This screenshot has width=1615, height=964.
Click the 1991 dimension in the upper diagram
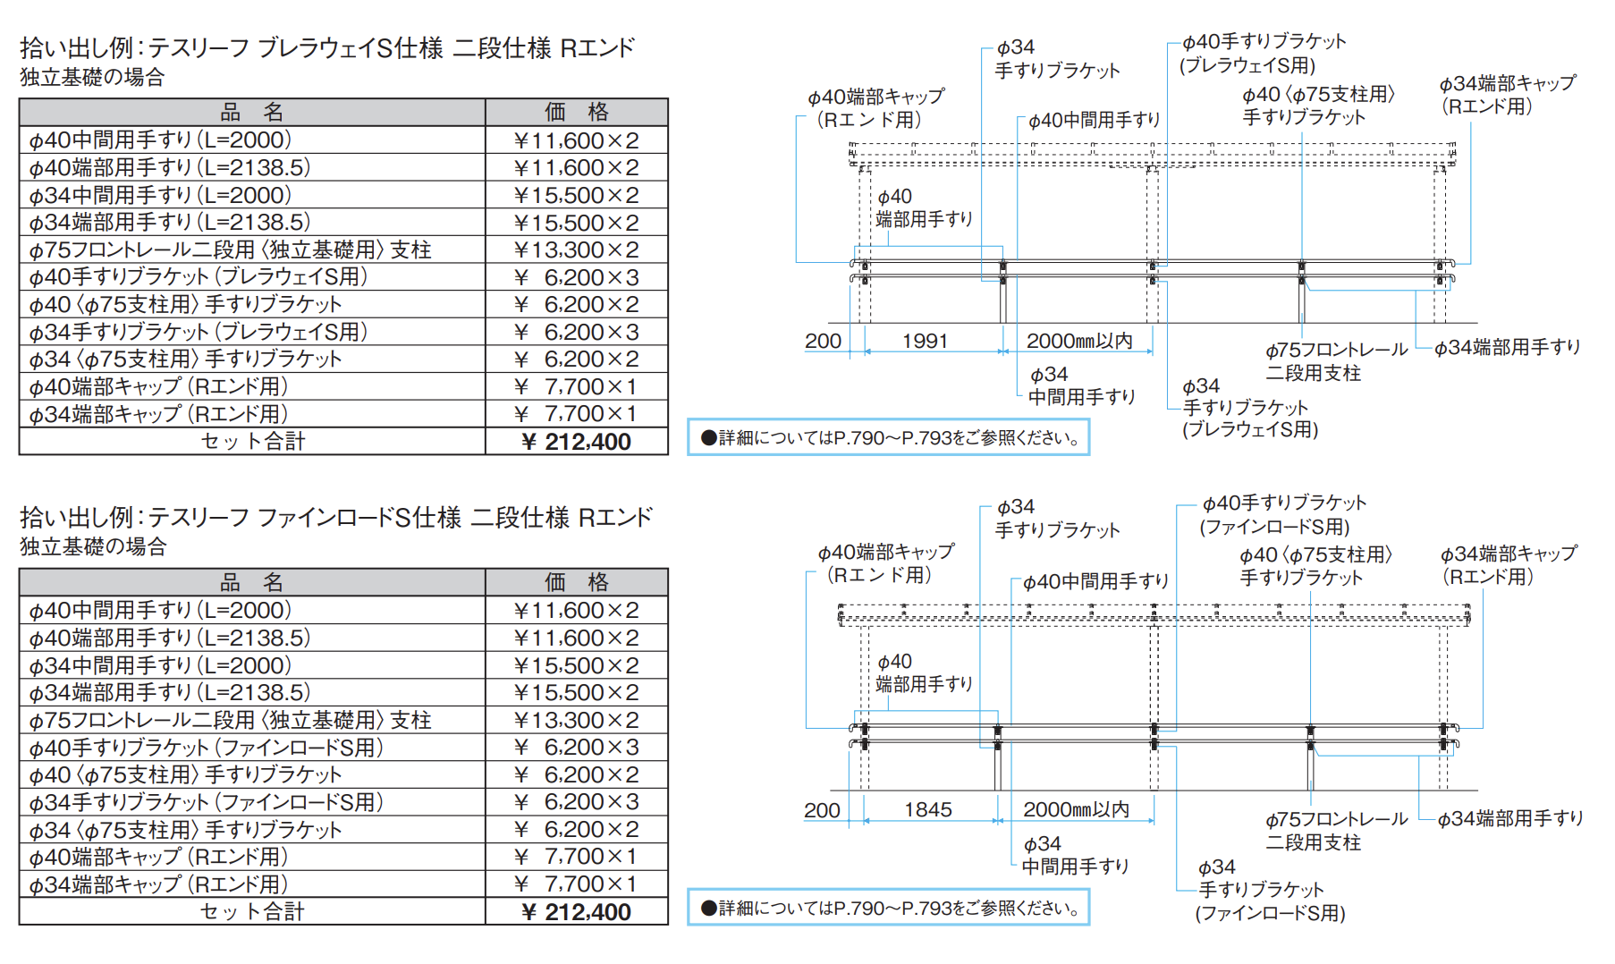pyautogui.click(x=925, y=341)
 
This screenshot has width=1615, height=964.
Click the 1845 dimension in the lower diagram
pyautogui.click(x=927, y=809)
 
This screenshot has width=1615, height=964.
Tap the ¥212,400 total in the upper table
pyautogui.click(x=576, y=442)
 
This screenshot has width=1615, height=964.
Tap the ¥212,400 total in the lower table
pyautogui.click(x=576, y=912)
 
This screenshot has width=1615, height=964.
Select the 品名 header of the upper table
pyautogui.click(x=252, y=112)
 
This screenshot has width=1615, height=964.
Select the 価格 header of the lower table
pyautogui.click(x=577, y=582)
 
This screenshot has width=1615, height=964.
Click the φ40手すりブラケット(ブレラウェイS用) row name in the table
pyautogui.click(x=199, y=277)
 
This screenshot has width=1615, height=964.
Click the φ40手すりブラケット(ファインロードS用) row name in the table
pyautogui.click(x=207, y=748)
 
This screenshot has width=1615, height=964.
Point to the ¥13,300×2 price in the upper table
pyautogui.click(x=577, y=249)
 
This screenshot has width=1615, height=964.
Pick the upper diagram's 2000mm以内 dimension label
pyautogui.click(x=1079, y=341)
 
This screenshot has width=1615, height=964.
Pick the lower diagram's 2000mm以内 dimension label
pyautogui.click(x=1077, y=809)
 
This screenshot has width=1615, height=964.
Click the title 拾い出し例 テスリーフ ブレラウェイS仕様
pyautogui.click(x=327, y=47)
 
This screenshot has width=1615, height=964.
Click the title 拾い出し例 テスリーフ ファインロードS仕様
pyautogui.click(x=336, y=517)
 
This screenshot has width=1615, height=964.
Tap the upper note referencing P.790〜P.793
pyautogui.click(x=889, y=437)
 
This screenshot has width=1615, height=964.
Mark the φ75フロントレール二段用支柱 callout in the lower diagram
pyautogui.click(x=1336, y=831)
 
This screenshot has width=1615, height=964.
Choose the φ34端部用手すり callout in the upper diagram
pyautogui.click(x=1508, y=347)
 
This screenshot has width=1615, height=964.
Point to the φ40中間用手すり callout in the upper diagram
pyautogui.click(x=1094, y=120)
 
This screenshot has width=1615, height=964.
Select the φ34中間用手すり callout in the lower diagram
pyautogui.click(x=1076, y=855)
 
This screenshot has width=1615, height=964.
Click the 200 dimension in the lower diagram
pyautogui.click(x=822, y=810)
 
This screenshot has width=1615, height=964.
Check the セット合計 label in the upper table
pyautogui.click(x=253, y=442)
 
